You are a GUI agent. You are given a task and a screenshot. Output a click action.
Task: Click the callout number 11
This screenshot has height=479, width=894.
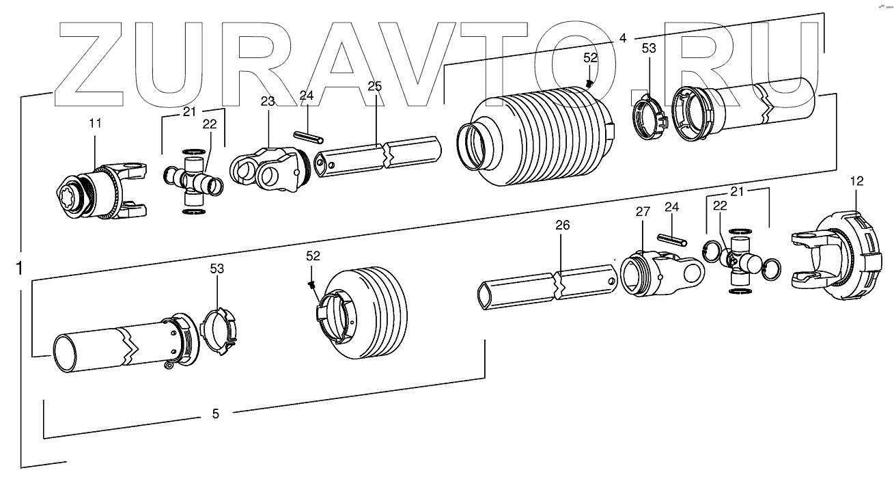pos(95,124)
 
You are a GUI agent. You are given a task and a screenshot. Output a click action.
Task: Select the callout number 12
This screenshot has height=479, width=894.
pos(857,181)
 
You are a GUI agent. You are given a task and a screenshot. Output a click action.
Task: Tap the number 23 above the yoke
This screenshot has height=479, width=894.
pos(267,102)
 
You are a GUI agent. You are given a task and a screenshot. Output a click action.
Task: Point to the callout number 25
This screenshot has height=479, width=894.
pos(374,86)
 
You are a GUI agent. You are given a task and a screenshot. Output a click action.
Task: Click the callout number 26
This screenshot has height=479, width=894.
pos(562,225)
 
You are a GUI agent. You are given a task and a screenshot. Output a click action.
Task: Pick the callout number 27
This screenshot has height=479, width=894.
pos(643,212)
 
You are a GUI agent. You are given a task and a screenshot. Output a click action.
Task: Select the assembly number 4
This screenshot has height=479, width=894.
pos(622,38)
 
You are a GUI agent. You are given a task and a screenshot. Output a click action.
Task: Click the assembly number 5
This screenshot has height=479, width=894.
pos(216,413)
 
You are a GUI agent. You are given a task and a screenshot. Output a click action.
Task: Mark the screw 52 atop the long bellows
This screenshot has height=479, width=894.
pos(589,83)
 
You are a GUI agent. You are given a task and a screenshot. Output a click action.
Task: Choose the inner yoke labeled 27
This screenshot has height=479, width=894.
pos(659,273)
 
